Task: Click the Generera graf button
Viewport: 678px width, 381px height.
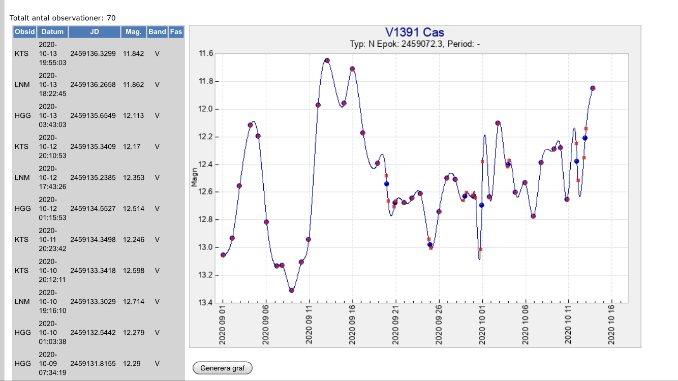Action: pos(223,368)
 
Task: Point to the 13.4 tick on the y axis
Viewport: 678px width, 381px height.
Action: pos(205,303)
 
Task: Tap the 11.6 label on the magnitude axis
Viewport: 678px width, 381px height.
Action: pos(205,53)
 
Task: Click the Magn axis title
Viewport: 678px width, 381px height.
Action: pos(194,178)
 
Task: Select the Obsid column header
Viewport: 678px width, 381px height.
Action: pos(25,31)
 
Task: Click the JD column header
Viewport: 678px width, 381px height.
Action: pos(94,31)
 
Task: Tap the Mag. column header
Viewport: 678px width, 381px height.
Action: pos(133,31)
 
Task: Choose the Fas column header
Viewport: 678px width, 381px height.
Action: pos(176,31)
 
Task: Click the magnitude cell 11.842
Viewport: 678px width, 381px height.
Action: pos(133,53)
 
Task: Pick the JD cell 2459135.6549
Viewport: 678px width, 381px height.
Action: pos(94,115)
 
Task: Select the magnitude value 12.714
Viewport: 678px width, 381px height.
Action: pos(133,301)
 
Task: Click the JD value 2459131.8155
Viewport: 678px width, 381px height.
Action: pos(94,363)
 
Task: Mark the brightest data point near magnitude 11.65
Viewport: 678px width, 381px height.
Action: pos(327,60)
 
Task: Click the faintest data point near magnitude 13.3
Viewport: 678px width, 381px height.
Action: pos(292,290)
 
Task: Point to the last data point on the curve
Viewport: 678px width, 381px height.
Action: pos(593,88)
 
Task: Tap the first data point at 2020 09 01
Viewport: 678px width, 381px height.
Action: pos(223,255)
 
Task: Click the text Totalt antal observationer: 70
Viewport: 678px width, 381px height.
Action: pos(63,18)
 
